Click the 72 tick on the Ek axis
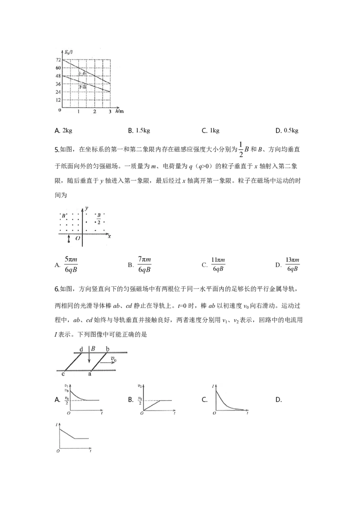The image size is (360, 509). (x=58, y=60)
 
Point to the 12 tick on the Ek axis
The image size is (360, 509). (x=58, y=100)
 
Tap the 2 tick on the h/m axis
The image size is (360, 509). (x=94, y=112)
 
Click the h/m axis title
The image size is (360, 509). (x=120, y=111)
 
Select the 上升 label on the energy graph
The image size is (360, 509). (x=83, y=74)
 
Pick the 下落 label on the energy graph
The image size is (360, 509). (x=83, y=87)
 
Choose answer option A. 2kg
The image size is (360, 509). (x=63, y=130)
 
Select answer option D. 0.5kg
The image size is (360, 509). (x=287, y=130)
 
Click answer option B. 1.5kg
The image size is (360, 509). (x=139, y=130)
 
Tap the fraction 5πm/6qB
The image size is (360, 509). (x=71, y=264)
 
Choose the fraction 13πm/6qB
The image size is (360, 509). (x=292, y=264)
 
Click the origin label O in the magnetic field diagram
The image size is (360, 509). (x=78, y=238)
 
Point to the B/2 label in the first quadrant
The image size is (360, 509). (x=99, y=219)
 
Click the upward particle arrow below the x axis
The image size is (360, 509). (x=68, y=239)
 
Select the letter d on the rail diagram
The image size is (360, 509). (x=81, y=349)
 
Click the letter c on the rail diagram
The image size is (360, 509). (x=63, y=374)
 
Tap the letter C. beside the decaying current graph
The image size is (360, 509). (x=205, y=400)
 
